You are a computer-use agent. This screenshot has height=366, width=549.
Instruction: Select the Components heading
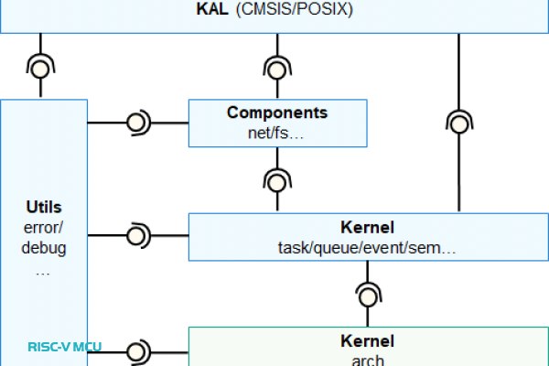point(277,113)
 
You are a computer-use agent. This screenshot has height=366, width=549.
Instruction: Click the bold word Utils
point(44,208)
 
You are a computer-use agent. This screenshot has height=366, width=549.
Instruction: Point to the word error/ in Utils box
point(44,227)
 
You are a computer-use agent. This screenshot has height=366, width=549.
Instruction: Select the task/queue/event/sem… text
point(367,247)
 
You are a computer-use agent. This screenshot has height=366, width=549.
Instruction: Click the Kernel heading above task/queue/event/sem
point(367,226)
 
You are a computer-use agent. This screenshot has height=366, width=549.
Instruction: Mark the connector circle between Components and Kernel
point(276,179)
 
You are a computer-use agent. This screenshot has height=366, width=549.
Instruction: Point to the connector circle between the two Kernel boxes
point(368,295)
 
